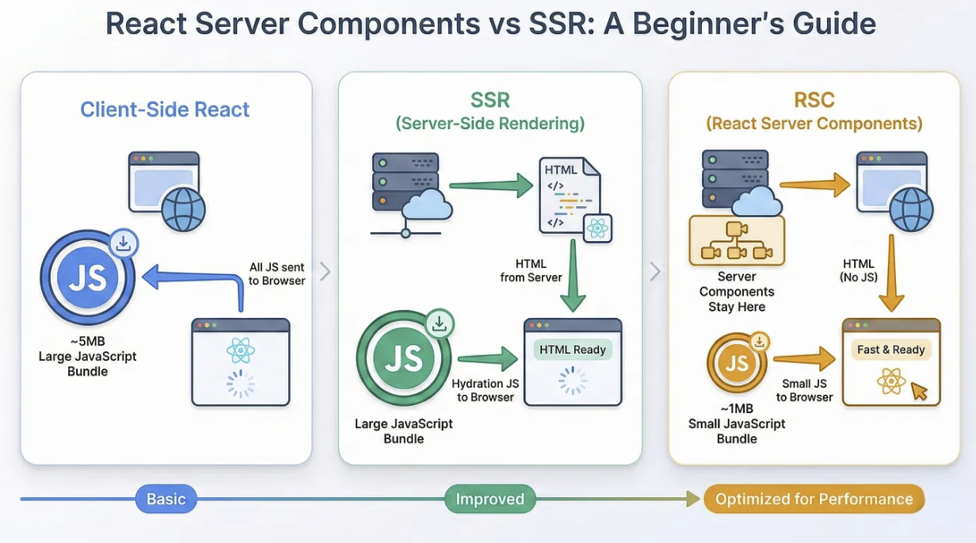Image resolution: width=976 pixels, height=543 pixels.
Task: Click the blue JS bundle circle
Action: (88, 279)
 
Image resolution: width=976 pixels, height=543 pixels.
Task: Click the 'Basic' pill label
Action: (166, 499)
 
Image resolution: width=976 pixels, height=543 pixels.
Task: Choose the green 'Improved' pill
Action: (490, 499)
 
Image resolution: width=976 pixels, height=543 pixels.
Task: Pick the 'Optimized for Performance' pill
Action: (814, 499)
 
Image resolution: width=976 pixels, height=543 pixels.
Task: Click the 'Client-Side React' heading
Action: (165, 109)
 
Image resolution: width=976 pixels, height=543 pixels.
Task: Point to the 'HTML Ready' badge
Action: (572, 350)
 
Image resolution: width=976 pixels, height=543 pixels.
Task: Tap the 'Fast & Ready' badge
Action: (890, 350)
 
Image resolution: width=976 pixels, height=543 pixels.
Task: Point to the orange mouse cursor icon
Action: (919, 390)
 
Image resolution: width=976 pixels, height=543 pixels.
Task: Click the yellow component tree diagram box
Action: (736, 241)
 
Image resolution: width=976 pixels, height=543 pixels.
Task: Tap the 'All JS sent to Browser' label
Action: (276, 274)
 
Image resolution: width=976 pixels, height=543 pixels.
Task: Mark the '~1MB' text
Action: (737, 408)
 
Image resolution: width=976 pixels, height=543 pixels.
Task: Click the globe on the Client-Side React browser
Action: (183, 209)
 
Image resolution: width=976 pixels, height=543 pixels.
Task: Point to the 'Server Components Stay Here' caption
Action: (737, 292)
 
